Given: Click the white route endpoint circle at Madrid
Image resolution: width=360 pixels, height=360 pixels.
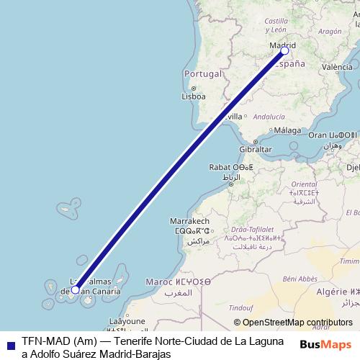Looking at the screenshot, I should [284, 51].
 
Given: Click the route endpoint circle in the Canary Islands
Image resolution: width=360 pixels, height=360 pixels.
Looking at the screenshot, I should [76, 290].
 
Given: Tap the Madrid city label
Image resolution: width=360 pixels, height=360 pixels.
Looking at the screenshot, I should [282, 43].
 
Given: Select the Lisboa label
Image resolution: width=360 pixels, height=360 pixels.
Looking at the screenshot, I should [194, 96].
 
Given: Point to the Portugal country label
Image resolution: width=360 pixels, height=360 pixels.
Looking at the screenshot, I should [201, 74].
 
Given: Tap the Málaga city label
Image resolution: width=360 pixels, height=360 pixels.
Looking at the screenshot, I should [287, 130].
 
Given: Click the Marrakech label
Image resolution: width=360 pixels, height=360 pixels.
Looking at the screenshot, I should [189, 221].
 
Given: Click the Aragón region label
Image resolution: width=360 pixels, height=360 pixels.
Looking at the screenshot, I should [329, 32].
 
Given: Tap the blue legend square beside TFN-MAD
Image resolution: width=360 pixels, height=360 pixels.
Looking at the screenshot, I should [9, 344].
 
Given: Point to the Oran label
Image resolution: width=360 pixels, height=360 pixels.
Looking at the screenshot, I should [318, 135].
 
